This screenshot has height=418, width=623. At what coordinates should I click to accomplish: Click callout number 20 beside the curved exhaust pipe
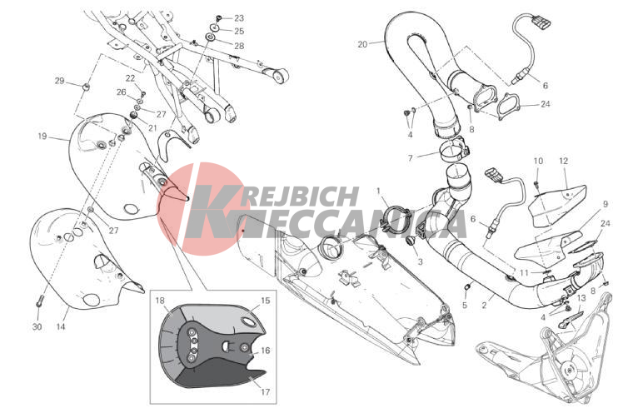pos(362,44)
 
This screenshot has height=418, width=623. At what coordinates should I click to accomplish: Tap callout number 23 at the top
pos(239,17)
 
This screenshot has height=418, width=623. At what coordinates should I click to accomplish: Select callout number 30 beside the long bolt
pos(37,326)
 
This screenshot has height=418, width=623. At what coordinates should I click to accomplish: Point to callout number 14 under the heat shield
pos(61,326)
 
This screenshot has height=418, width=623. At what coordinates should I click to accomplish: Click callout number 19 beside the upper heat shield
pos(42,136)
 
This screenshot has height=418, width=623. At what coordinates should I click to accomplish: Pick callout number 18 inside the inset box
pos(160,301)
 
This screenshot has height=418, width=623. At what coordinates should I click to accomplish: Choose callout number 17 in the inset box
pos(265,391)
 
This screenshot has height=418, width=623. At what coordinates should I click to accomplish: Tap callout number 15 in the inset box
pos(265,301)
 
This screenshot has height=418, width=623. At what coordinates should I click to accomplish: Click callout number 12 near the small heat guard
pos(563,161)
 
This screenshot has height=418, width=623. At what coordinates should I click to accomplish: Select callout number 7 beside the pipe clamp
pos(411,157)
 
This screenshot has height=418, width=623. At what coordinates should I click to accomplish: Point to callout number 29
pos(60,81)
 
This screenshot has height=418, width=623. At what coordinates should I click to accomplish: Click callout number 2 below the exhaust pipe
pos(484,305)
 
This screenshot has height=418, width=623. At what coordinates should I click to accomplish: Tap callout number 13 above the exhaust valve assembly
pos(581,297)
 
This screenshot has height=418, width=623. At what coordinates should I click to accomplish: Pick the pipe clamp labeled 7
pos(454,151)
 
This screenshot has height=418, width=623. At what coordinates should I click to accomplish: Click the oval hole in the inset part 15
pos(250,322)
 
